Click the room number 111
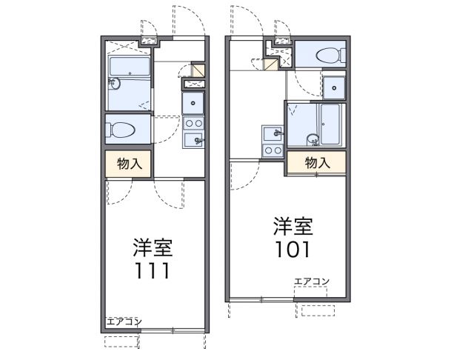pyautogui.click(x=152, y=271)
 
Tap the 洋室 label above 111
pyautogui.click(x=153, y=246)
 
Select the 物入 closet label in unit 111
pyautogui.click(x=129, y=164)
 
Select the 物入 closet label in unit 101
pyautogui.click(x=316, y=162)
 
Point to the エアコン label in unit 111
pyautogui.click(x=123, y=321)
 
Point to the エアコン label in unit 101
pyautogui.click(x=312, y=281)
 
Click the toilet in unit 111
pyautogui.click(x=122, y=130)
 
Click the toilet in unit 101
pyautogui.click(x=327, y=54)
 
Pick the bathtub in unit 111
pyautogui.click(x=130, y=67)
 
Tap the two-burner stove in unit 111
pyautogui.click(x=194, y=123)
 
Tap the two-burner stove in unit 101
pyautogui.click(x=273, y=150)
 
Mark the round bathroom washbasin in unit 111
pyautogui.click(x=113, y=83)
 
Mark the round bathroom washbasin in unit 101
pyautogui.click(x=313, y=138)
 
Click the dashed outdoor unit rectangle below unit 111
pyautogui.click(x=121, y=341)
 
